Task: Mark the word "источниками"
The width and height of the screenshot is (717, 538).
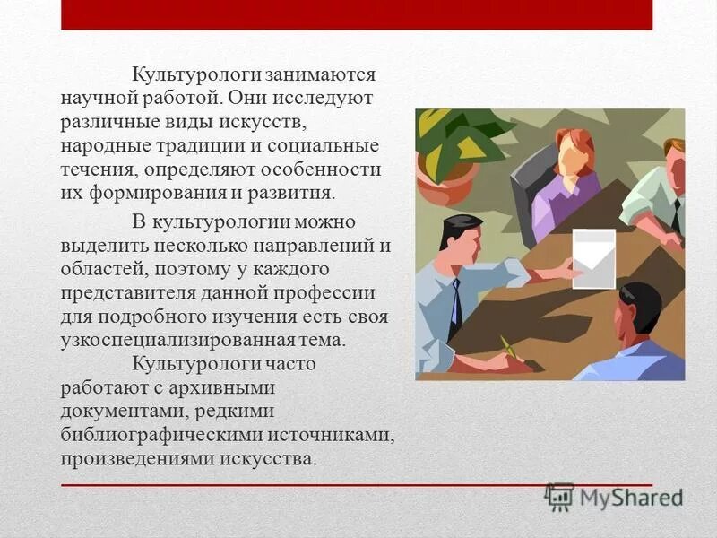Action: point(341,435)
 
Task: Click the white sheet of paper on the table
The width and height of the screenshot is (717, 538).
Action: point(593,258)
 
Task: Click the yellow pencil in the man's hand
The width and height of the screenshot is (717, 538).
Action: point(509,348)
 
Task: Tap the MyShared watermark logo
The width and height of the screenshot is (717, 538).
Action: point(613,496)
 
